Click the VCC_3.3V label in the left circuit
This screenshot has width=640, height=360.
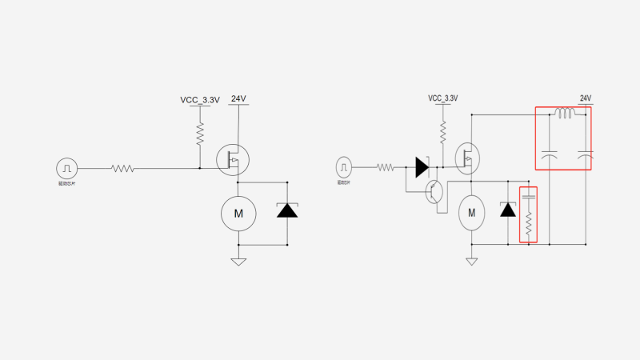[199, 100]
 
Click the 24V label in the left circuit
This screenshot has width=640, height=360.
[238, 99]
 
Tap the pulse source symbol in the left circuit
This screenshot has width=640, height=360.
[67, 168]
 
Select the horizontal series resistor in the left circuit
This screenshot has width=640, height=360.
[122, 168]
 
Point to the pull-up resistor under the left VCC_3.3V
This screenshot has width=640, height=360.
[200, 134]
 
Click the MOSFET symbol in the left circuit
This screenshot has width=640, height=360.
[233, 160]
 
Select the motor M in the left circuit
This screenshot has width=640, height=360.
[238, 213]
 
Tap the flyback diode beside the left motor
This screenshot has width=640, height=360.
[286, 210]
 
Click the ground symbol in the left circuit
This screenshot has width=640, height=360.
[238, 261]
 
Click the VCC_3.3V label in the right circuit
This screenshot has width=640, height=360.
[442, 98]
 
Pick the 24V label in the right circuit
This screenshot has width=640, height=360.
[585, 98]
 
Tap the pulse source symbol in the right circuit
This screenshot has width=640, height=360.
[344, 167]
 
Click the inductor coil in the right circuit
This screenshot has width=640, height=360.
[565, 114]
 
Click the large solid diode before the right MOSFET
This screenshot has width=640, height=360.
[422, 167]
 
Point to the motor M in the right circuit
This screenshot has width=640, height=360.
[471, 213]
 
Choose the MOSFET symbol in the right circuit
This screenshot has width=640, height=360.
[466, 158]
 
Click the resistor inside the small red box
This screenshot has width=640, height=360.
[528, 224]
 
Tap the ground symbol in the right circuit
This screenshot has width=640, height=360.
[471, 260]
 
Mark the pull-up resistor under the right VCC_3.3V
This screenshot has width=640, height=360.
[442, 128]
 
